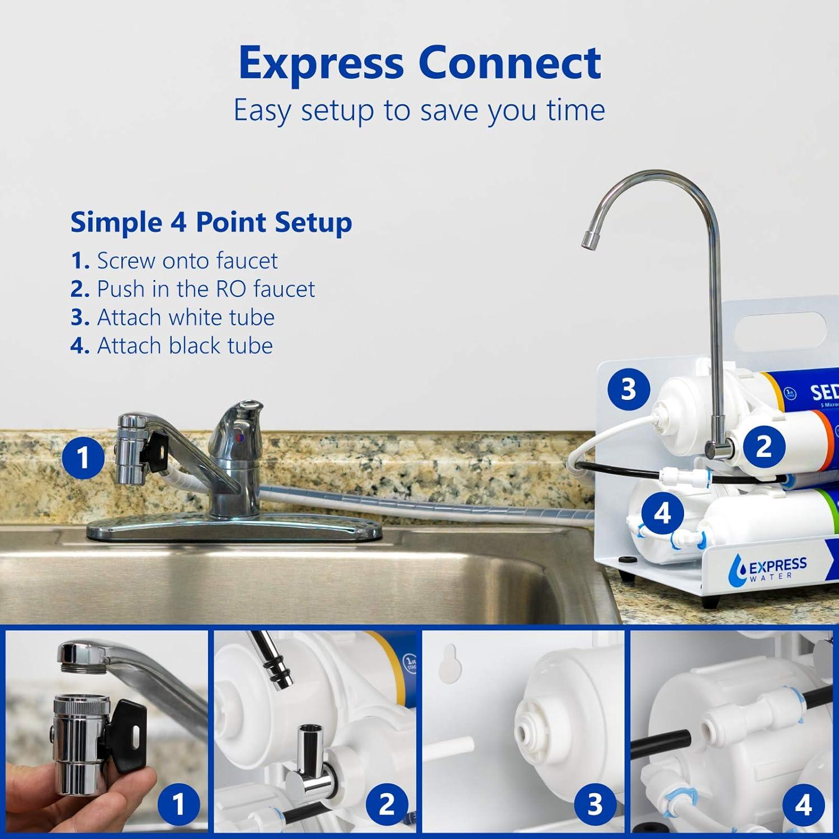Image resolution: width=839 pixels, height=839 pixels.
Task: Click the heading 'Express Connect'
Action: [419, 63]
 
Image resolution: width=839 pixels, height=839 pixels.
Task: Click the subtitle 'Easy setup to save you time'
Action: [419, 110]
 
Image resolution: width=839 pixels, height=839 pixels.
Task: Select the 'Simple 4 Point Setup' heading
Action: [211, 223]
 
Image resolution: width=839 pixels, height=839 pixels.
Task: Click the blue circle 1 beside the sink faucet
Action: [83, 458]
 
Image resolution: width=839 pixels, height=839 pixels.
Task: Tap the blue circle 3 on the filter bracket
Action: [628, 389]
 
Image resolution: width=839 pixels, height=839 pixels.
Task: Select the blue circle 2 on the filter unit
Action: [764, 446]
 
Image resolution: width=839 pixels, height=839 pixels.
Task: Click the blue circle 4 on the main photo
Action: [662, 513]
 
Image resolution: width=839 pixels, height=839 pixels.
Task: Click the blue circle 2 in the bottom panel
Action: [386, 804]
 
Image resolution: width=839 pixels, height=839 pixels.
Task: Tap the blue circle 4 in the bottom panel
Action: [803, 804]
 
